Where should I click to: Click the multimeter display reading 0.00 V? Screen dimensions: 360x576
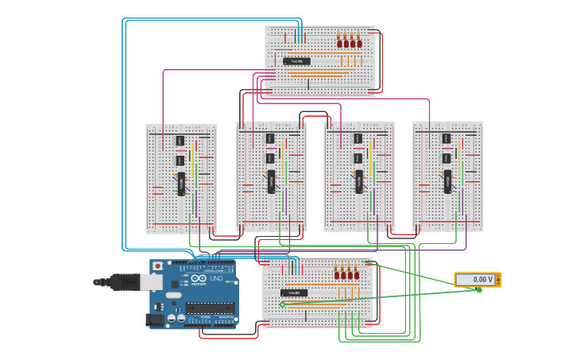point(474,280)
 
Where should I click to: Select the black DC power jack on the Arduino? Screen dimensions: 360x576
point(156,319)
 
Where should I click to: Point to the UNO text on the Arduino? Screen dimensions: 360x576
point(215,278)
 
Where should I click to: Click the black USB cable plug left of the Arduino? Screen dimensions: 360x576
point(123,281)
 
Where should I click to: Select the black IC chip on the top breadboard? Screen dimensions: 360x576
point(296,60)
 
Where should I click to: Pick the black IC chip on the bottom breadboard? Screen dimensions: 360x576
point(293,292)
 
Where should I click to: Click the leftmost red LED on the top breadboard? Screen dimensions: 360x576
point(339,42)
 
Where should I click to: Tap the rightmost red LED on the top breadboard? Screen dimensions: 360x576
point(358,42)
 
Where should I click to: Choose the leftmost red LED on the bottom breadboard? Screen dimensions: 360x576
point(337,274)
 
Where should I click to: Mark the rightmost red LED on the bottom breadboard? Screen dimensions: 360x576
point(356,274)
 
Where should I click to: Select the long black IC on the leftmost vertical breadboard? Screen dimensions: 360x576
point(180,183)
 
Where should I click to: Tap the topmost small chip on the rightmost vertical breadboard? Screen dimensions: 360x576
point(446,139)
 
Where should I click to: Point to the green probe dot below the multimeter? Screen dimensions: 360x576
point(479,290)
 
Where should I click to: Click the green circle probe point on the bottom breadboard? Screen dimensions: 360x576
point(282,304)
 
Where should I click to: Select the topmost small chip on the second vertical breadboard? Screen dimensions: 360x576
point(269,138)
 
